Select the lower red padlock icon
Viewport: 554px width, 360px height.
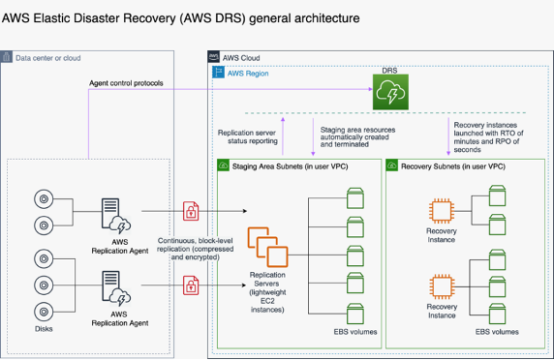tap(192, 285)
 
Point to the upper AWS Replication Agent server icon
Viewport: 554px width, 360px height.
tap(114, 214)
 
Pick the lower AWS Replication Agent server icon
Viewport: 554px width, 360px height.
tap(114, 286)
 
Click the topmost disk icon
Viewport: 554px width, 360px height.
tap(43, 199)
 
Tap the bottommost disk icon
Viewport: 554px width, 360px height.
tap(43, 314)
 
